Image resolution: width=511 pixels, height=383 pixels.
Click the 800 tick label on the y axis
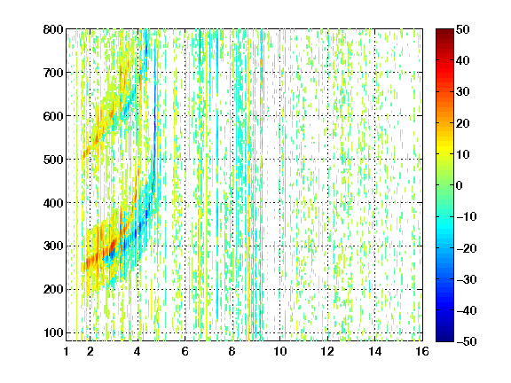pyautogui.click(x=53, y=29)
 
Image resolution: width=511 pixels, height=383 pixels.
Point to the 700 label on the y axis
pyautogui.click(x=53, y=73)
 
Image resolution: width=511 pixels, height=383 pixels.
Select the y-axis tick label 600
pyautogui.click(x=53, y=116)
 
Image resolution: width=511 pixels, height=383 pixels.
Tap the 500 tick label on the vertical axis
pyautogui.click(x=53, y=160)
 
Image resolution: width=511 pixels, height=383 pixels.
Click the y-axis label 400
pyautogui.click(x=53, y=203)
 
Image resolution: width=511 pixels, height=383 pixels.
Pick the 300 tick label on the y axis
pyautogui.click(x=53, y=246)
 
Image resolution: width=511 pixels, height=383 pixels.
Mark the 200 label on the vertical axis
pyautogui.click(x=53, y=290)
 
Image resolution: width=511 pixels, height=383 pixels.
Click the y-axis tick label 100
pyautogui.click(x=53, y=332)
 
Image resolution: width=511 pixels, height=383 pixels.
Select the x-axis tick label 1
pyautogui.click(x=67, y=351)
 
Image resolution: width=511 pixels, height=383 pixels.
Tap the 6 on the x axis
pyautogui.click(x=185, y=351)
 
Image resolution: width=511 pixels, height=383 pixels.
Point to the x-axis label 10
pyautogui.click(x=280, y=351)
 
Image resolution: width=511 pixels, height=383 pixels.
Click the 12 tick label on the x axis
pyautogui.click(x=327, y=351)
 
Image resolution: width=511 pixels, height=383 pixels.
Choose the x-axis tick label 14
pyautogui.click(x=374, y=351)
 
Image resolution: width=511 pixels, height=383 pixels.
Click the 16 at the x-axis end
pyautogui.click(x=422, y=351)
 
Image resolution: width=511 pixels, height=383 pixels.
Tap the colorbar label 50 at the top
pyautogui.click(x=462, y=29)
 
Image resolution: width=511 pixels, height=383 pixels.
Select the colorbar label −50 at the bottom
pyautogui.click(x=466, y=341)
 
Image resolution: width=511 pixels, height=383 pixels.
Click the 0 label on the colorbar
pyautogui.click(x=460, y=185)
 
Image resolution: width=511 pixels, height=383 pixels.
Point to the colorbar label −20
pyautogui.click(x=466, y=248)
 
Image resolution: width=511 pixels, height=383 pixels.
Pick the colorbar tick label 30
pyautogui.click(x=462, y=92)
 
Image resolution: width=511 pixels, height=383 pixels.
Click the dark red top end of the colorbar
pyautogui.click(x=444, y=31)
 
